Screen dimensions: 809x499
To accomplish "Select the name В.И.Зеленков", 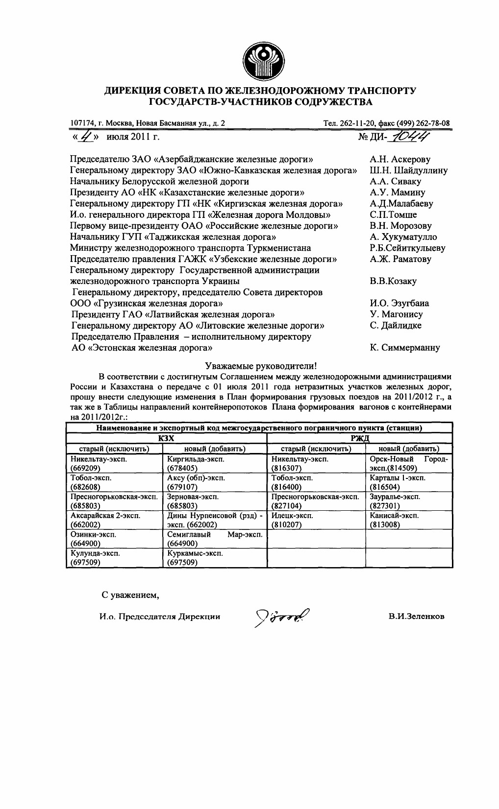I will coord(416,616).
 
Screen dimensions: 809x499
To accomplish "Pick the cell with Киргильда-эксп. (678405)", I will coord(214,463).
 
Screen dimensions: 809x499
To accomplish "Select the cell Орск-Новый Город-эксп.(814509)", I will coord(409,463).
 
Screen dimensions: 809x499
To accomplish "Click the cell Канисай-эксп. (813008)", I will coord(409,520).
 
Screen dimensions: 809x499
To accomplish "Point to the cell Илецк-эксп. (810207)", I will coord(316,520).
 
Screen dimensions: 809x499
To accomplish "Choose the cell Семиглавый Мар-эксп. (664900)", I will coord(214,539).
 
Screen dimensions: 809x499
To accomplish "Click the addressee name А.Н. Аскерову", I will coord(400,159).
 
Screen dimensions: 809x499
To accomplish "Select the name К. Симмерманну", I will coord(405,348).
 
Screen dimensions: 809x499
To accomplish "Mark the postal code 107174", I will coord(80,123).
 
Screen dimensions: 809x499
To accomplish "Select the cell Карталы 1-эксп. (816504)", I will coord(409,482).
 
